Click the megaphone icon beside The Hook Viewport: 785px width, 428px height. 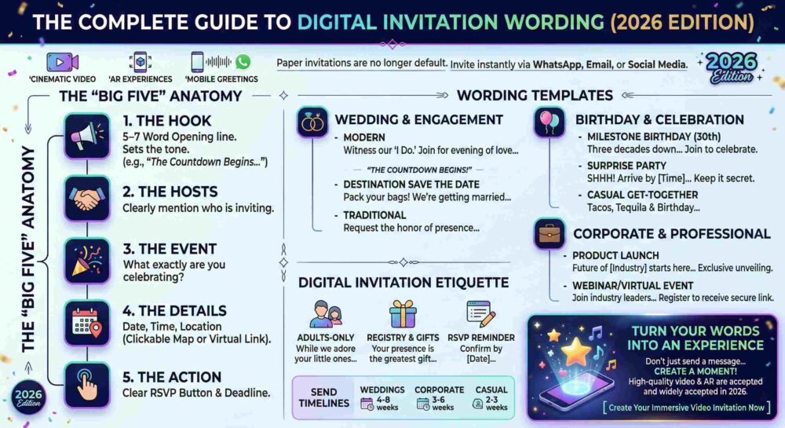86,136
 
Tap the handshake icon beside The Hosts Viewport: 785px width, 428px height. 86,199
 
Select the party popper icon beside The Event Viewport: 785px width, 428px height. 86,260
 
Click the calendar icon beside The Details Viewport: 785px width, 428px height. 86,322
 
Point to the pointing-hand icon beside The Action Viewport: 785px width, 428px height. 86,383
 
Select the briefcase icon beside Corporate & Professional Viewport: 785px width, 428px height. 549,234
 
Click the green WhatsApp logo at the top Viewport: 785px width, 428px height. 243,61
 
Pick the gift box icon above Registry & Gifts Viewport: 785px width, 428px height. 403,316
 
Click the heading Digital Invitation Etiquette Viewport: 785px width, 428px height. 403,283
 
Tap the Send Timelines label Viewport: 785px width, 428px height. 323,397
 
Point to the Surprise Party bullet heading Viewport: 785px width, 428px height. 626,166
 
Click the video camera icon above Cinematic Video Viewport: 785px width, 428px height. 62,61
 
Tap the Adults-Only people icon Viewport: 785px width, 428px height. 326,315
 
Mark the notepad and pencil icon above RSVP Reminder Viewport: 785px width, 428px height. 481,315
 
